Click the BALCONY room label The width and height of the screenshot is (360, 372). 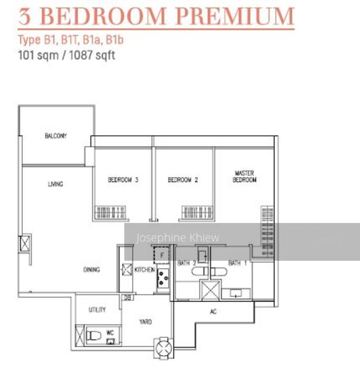pos(56,136)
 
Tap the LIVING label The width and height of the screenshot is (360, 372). pos(56,184)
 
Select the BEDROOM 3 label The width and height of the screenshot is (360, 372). pos(123,179)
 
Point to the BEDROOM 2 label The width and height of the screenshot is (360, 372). pos(183,179)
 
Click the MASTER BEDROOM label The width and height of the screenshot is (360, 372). pos(244,176)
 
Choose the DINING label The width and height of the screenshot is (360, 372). pos(92,269)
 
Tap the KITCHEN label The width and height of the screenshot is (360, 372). pos(145,269)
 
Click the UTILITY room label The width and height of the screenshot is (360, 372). pos(97,310)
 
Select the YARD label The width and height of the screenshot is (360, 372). pos(146,322)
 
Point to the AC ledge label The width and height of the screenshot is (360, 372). pos(213,312)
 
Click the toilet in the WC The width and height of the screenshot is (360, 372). pos(94,336)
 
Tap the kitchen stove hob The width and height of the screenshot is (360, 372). pos(163,278)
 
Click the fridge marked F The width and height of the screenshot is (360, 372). pos(162,255)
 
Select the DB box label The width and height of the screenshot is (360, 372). pos(128,298)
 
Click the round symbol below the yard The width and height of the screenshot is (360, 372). pos(164,348)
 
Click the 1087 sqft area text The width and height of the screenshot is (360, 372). pos(92,55)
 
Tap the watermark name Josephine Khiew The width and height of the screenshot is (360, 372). pos(178,237)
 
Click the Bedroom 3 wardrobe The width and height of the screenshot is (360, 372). pos(110,212)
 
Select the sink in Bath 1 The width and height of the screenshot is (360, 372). pos(236,293)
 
